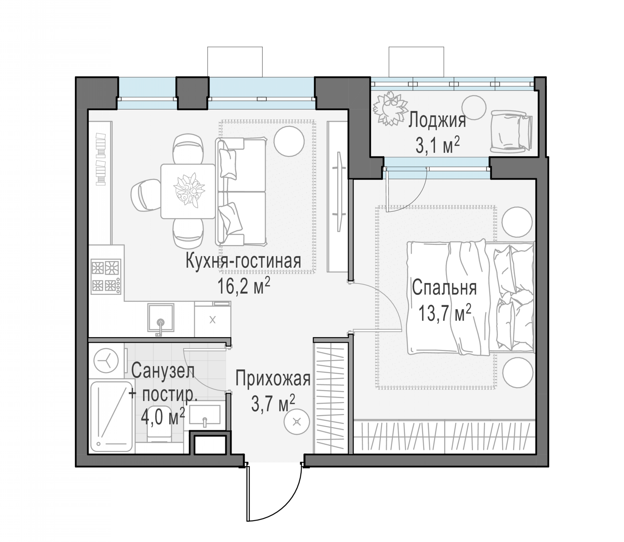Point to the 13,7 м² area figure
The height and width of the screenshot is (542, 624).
(x=445, y=313)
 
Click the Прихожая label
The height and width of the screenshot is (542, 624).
(x=273, y=379)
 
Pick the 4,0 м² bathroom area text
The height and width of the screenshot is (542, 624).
(x=163, y=416)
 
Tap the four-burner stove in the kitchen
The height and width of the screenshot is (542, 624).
(x=106, y=276)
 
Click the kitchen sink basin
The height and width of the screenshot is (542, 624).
(x=161, y=318)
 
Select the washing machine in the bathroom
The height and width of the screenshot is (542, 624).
(x=106, y=360)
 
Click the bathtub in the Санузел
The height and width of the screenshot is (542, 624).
(x=112, y=417)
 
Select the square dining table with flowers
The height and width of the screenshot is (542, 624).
(x=188, y=191)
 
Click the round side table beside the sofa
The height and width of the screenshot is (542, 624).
(x=289, y=141)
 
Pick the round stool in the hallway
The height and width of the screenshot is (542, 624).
(x=297, y=422)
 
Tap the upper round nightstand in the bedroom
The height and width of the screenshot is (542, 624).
(x=517, y=222)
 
